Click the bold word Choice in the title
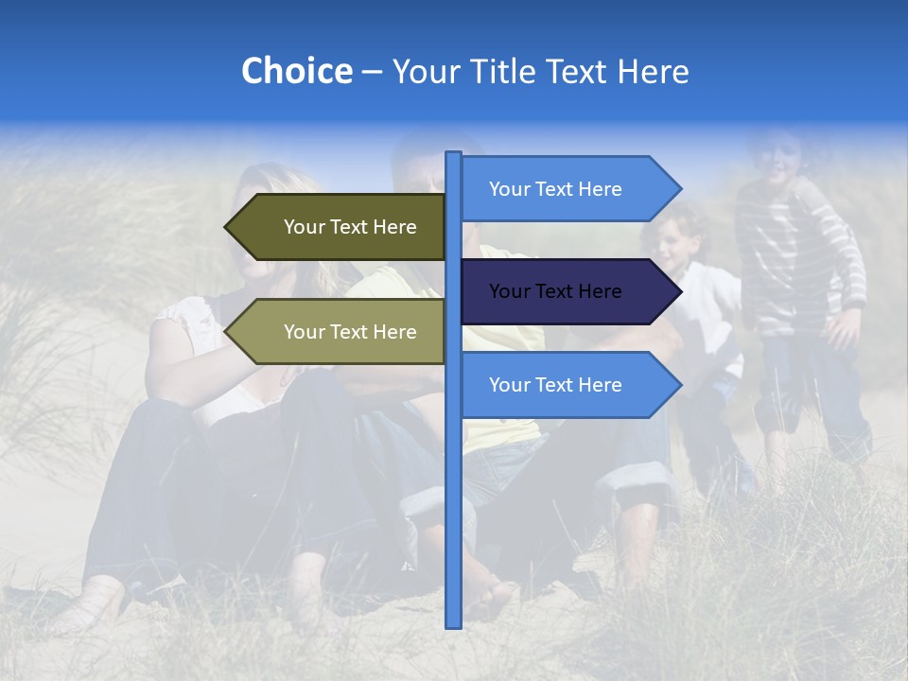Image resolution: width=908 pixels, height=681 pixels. click(296, 71)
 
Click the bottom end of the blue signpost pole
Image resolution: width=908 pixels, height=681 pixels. click(454, 624)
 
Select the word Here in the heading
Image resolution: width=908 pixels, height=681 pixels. click(653, 71)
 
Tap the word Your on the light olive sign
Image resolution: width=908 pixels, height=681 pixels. click(304, 332)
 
